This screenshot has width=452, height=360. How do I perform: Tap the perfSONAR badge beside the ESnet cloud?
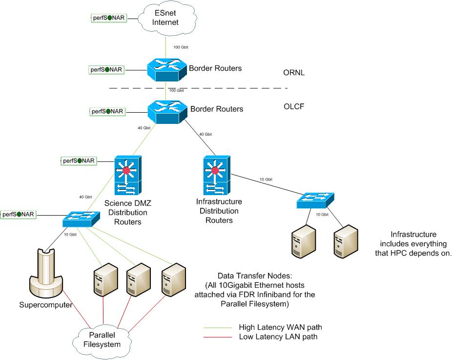109,18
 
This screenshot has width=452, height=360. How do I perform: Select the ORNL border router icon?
166,68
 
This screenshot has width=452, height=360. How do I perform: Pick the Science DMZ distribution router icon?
128,176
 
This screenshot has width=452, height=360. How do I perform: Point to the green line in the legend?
219,327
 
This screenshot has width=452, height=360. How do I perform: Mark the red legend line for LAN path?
219,337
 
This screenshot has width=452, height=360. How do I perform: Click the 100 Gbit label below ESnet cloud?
181,47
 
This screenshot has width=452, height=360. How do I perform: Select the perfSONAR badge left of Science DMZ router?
79,160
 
